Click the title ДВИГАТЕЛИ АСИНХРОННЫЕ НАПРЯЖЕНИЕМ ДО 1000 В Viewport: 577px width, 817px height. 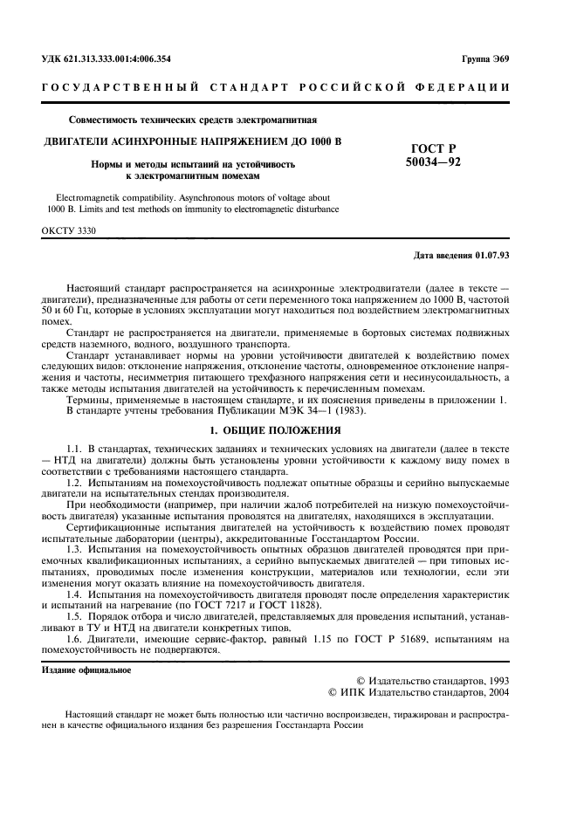pyautogui.click(x=193, y=141)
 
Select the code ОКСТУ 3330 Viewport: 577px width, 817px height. pyautogui.click(x=69, y=230)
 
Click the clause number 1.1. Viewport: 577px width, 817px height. pyautogui.click(x=75, y=447)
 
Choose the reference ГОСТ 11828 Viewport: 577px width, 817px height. pyautogui.click(x=286, y=605)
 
